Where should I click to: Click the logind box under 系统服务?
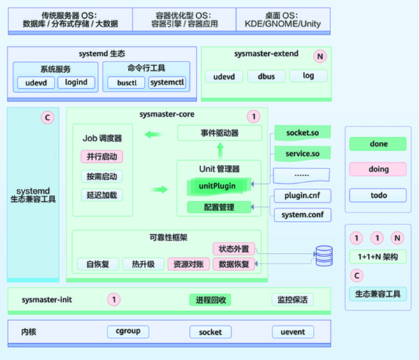coord(76,82)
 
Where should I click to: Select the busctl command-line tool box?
coord(125,82)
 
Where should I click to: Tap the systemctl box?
coord(168,82)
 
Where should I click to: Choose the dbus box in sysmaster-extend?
coord(266,76)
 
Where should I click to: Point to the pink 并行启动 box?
coord(101,157)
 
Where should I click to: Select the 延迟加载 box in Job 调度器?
coord(101,195)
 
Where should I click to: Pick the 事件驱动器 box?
coord(219,133)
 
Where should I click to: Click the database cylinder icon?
coord(324,255)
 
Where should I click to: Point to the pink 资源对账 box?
coord(187,264)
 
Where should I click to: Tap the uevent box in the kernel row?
coord(288,331)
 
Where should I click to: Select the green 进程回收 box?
coord(210,300)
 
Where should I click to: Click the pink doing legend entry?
coord(378,169)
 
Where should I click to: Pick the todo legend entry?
coord(378,195)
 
